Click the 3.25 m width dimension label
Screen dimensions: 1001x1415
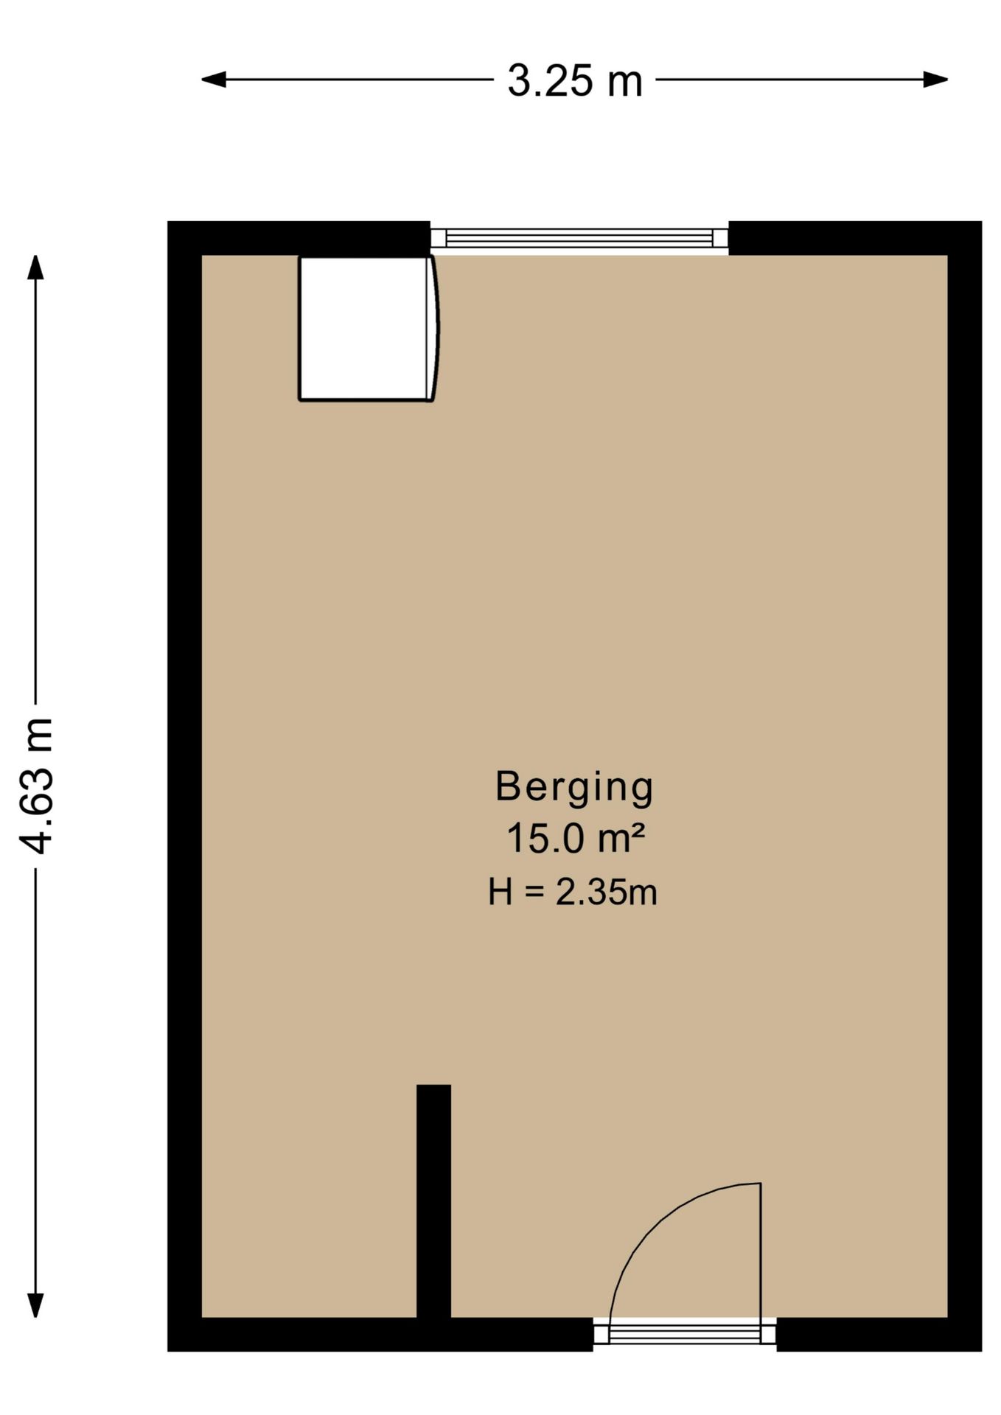(575, 80)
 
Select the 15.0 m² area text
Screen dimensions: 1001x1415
(576, 839)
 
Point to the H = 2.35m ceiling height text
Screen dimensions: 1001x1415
(573, 892)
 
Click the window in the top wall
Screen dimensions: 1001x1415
(579, 238)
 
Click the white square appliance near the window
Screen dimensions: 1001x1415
(365, 329)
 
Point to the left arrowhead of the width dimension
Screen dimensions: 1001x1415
(214, 80)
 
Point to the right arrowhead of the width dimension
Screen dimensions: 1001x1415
(935, 80)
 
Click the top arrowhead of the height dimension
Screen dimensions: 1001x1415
(35, 267)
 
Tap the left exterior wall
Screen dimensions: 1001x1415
(184, 786)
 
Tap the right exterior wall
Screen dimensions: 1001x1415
(965, 786)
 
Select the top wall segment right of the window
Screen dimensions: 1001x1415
(855, 238)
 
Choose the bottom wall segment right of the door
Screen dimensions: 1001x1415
(879, 1335)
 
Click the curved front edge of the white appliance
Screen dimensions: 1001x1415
(435, 329)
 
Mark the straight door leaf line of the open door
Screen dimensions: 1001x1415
(760, 1251)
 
